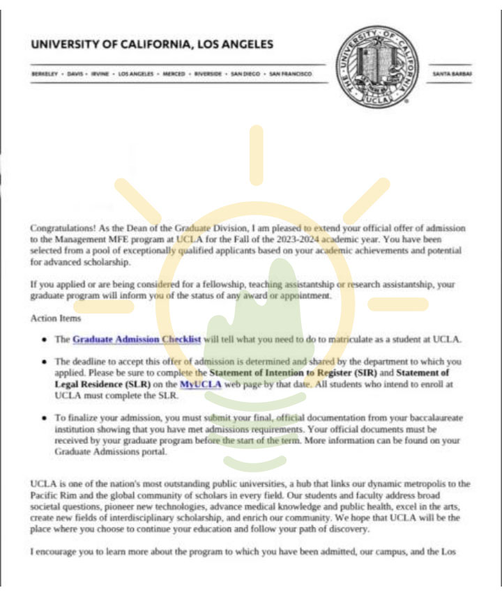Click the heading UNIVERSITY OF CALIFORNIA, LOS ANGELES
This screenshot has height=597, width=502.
(x=153, y=45)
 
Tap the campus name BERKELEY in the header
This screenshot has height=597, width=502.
(x=44, y=73)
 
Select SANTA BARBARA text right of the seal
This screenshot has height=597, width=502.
(x=452, y=73)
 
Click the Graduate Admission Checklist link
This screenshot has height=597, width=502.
(x=137, y=339)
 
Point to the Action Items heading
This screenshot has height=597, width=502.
(x=56, y=318)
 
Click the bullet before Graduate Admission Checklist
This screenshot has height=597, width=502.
(x=45, y=340)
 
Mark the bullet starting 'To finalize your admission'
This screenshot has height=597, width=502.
(x=45, y=418)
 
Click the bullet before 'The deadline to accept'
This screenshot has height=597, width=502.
(x=45, y=362)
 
